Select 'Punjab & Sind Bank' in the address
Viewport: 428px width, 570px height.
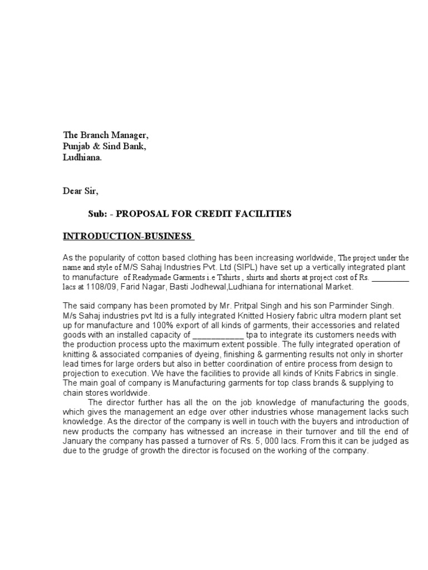(104, 147)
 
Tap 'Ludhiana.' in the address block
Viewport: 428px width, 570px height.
(82, 158)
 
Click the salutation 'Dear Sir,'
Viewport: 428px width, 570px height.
(80, 191)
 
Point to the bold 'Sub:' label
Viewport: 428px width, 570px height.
(96, 214)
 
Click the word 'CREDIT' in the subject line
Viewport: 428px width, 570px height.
(220, 214)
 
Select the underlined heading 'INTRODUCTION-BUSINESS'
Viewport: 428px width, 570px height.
(127, 237)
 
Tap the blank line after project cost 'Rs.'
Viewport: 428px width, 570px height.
(390, 277)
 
